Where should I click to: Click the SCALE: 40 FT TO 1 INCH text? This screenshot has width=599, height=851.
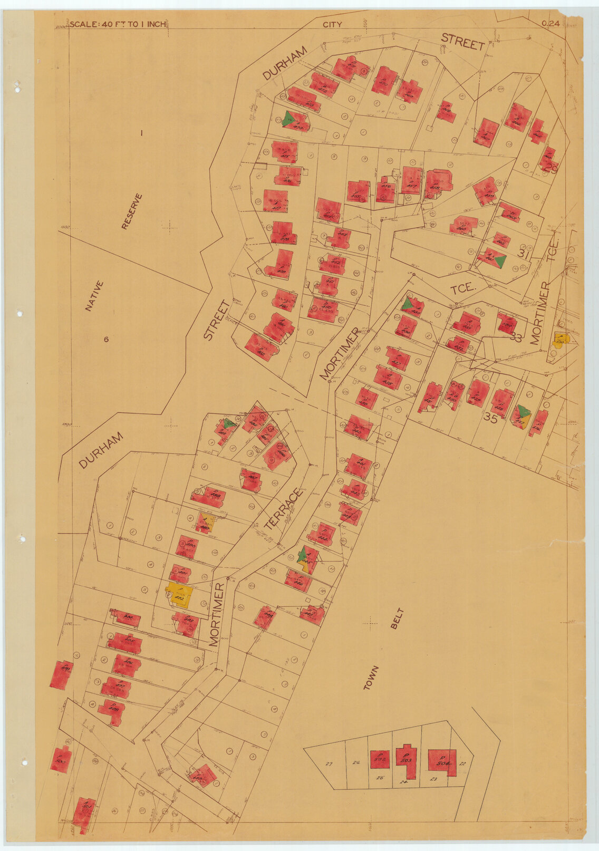coord(118,24)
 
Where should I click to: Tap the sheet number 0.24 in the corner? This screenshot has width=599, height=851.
coord(550,23)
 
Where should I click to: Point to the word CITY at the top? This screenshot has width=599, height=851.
coord(332,24)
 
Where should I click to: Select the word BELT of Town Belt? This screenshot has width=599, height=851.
coord(397,619)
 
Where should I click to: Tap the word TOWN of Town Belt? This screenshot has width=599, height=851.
coord(371,678)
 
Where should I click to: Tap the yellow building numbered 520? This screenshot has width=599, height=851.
coord(560,340)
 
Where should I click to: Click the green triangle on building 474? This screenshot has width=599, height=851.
coord(287,119)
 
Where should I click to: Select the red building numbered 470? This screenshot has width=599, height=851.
coord(384,80)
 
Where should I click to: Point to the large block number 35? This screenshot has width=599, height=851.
coord(490,419)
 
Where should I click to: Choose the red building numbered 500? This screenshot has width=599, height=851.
coord(61,759)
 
